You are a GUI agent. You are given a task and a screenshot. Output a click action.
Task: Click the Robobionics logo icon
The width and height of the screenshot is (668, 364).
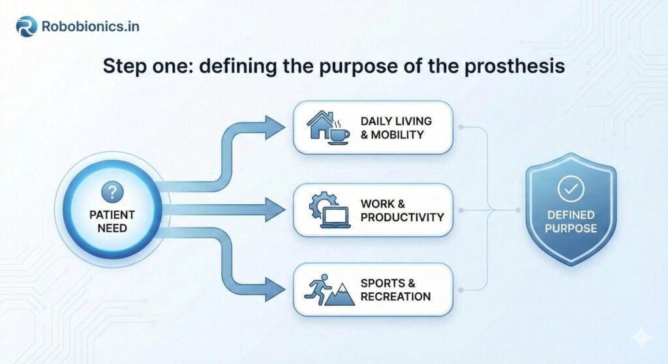pos(26,27)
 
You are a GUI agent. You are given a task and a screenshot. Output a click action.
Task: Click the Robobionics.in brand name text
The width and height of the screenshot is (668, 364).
pos(90,27)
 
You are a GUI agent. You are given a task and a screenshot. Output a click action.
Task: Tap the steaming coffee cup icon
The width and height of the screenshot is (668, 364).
pos(340,132)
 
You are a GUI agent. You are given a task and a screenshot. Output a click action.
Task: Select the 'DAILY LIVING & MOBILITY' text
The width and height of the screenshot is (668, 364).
pos(396,128)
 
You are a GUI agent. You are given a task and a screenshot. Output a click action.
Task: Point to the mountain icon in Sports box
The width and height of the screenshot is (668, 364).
pos(341,295)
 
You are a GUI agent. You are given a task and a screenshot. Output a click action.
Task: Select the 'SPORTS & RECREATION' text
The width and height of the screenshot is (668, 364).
pos(395,290)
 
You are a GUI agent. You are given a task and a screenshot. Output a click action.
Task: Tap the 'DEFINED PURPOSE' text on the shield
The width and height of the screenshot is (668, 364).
pos(571,222)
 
